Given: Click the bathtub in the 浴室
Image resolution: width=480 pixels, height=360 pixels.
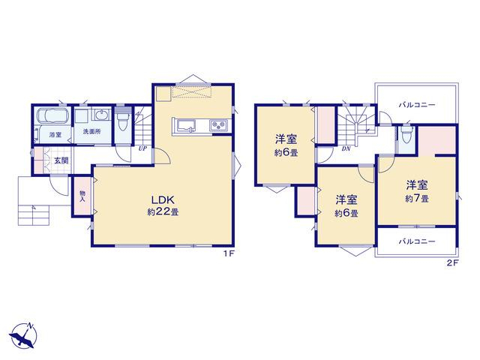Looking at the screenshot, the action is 52,116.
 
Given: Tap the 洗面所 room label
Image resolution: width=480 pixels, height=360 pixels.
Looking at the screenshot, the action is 91,132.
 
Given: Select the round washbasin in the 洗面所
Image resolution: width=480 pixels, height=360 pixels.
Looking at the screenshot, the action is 102,115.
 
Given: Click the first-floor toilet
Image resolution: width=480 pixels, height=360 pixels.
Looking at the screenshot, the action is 123,121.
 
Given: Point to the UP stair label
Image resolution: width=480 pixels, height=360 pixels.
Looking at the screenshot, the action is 142,149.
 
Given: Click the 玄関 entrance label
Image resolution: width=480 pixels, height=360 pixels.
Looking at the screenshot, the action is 61,160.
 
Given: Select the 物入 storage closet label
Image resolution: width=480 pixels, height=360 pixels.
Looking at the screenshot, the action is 82,196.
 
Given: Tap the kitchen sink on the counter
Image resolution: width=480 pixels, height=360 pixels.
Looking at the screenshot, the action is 185,125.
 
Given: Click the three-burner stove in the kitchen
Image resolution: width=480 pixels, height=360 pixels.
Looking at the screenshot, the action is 218,125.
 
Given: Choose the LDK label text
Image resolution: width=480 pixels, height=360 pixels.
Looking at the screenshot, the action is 163,200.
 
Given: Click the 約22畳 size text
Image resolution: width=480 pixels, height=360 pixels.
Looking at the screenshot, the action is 163,211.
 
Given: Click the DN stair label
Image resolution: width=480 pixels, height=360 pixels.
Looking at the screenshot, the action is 346,149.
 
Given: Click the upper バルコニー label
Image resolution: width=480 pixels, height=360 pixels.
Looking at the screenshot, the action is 417,105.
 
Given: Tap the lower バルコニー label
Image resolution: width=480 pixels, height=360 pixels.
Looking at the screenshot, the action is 417,241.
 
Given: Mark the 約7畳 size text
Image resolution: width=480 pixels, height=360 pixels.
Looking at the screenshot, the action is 417,199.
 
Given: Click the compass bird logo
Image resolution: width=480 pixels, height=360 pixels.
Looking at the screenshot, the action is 23,335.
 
